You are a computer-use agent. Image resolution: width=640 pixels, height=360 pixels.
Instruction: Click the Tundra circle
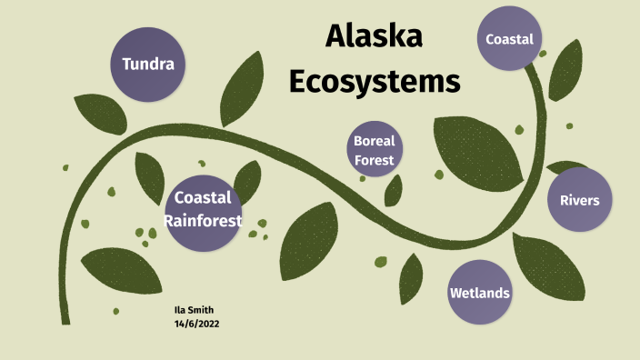pyautogui.click(x=148, y=64)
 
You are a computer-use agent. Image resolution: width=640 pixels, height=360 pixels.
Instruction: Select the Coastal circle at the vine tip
pyautogui.click(x=509, y=39)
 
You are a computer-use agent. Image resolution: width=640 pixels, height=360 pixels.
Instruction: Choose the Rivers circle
pyautogui.click(x=579, y=199)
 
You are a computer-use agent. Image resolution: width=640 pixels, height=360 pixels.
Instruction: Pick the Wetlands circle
pyautogui.click(x=479, y=293)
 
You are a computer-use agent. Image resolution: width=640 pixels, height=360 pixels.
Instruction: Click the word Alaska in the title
pyautogui.click(x=374, y=37)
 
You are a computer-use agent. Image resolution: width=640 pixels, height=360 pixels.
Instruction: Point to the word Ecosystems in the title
pyautogui.click(x=375, y=81)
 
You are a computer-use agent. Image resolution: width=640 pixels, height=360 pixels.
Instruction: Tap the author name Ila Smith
pyautogui.click(x=194, y=309)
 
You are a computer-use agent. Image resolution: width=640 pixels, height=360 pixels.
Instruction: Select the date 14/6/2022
pyautogui.click(x=196, y=323)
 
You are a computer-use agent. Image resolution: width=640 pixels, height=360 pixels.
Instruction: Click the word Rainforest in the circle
pyautogui.click(x=207, y=220)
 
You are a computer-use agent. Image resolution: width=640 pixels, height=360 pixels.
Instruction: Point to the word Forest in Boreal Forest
pyautogui.click(x=375, y=161)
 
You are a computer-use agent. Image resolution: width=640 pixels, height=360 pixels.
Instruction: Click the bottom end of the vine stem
pyautogui.click(x=65, y=320)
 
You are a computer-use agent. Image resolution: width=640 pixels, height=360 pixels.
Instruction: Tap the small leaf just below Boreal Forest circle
pyautogui.click(x=394, y=190)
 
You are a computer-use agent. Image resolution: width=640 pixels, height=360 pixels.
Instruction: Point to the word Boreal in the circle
pyautogui.click(x=375, y=141)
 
